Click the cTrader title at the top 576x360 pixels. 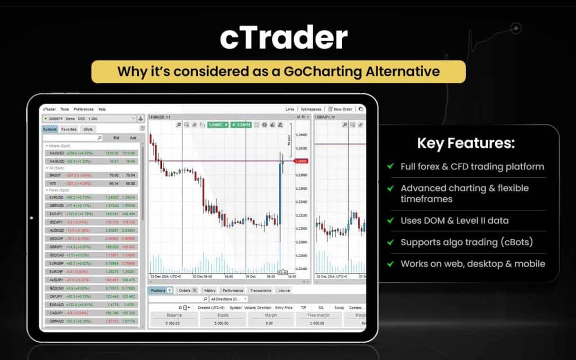click(x=283, y=38)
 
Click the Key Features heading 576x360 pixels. click(x=465, y=143)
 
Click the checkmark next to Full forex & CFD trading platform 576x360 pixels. click(x=390, y=166)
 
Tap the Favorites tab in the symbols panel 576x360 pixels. click(x=69, y=129)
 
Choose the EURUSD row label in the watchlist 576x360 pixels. click(x=56, y=197)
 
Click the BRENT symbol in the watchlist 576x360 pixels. click(x=55, y=175)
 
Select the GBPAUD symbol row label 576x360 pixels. click(x=56, y=321)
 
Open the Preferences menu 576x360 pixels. click(x=84, y=109)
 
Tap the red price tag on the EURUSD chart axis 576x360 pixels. click(x=301, y=161)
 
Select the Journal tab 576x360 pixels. click(x=284, y=290)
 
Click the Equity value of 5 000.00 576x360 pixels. click(x=223, y=323)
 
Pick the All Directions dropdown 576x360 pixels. click(x=228, y=299)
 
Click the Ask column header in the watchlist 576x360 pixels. click(x=133, y=137)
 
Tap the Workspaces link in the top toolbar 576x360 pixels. click(x=311, y=109)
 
